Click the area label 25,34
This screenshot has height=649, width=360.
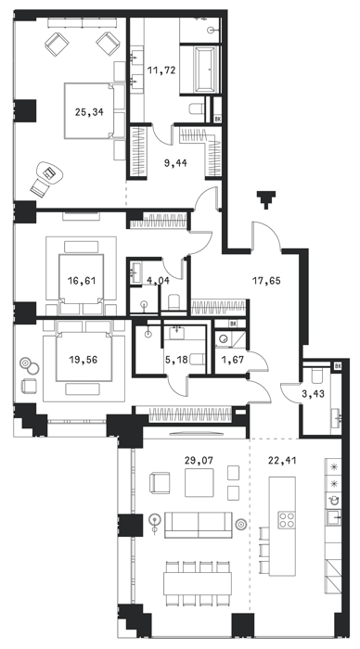pyautogui.click(x=89, y=112)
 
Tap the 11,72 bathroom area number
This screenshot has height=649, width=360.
pyautogui.click(x=161, y=70)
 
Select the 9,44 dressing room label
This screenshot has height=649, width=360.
pyautogui.click(x=175, y=163)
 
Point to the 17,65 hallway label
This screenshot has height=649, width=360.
pyautogui.click(x=266, y=281)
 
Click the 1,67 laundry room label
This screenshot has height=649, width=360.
pyautogui.click(x=232, y=360)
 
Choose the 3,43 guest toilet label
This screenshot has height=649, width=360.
pyautogui.click(x=313, y=394)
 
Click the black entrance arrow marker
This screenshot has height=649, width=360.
pyautogui.click(x=266, y=199)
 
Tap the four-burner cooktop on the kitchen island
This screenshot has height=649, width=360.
pyautogui.click(x=287, y=519)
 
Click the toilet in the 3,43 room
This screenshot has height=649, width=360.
pyautogui.click(x=317, y=376)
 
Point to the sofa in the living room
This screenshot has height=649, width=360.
pyautogui.click(x=199, y=525)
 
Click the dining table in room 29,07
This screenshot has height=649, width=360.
pyautogui.click(x=198, y=583)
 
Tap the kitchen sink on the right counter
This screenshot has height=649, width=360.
pyautogui.click(x=333, y=516)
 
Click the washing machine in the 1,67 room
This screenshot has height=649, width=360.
pyautogui.click(x=224, y=338)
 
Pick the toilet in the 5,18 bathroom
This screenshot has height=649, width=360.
pyautogui.click(x=198, y=360)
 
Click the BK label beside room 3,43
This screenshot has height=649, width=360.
pyautogui.click(x=338, y=366)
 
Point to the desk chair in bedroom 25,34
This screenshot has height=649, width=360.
pyautogui.click(x=40, y=187)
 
